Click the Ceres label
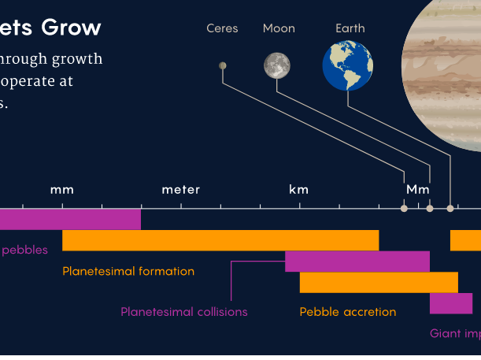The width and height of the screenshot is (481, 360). [x=222, y=28]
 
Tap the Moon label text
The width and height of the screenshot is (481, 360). [x=279, y=28]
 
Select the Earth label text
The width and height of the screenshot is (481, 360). [x=350, y=28]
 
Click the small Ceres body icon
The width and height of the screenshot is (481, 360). [x=223, y=65]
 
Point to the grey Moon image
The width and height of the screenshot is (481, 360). [x=277, y=65]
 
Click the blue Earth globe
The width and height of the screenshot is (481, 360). [x=347, y=65]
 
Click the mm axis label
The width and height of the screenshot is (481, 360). [x=62, y=190]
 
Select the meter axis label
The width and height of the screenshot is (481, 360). [x=181, y=190]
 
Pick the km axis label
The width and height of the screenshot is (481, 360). [x=299, y=190]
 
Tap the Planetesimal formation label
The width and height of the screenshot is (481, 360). [x=128, y=272]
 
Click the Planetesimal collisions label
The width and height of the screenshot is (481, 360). [x=183, y=312]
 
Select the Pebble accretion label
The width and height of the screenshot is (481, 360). [x=348, y=312]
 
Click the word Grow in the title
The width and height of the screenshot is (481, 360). [x=72, y=28]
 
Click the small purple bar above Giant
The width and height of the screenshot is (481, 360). [x=450, y=303]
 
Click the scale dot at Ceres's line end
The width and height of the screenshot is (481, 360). [x=404, y=209]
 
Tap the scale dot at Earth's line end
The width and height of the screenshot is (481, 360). [x=450, y=209]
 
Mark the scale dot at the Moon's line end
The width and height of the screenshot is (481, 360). [x=430, y=209]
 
